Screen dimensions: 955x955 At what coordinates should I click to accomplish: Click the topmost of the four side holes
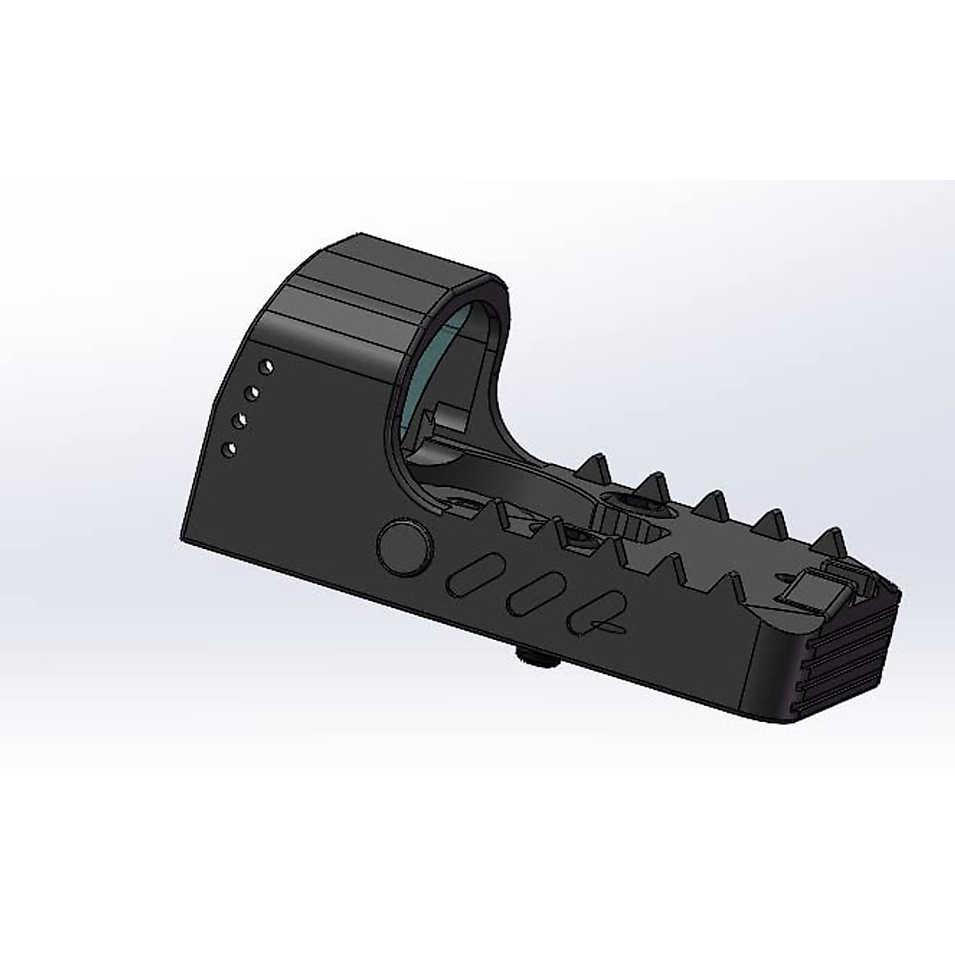tap(268, 366)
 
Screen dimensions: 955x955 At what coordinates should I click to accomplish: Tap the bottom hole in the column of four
tap(230, 449)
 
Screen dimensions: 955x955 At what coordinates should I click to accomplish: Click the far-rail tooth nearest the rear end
tap(832, 541)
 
